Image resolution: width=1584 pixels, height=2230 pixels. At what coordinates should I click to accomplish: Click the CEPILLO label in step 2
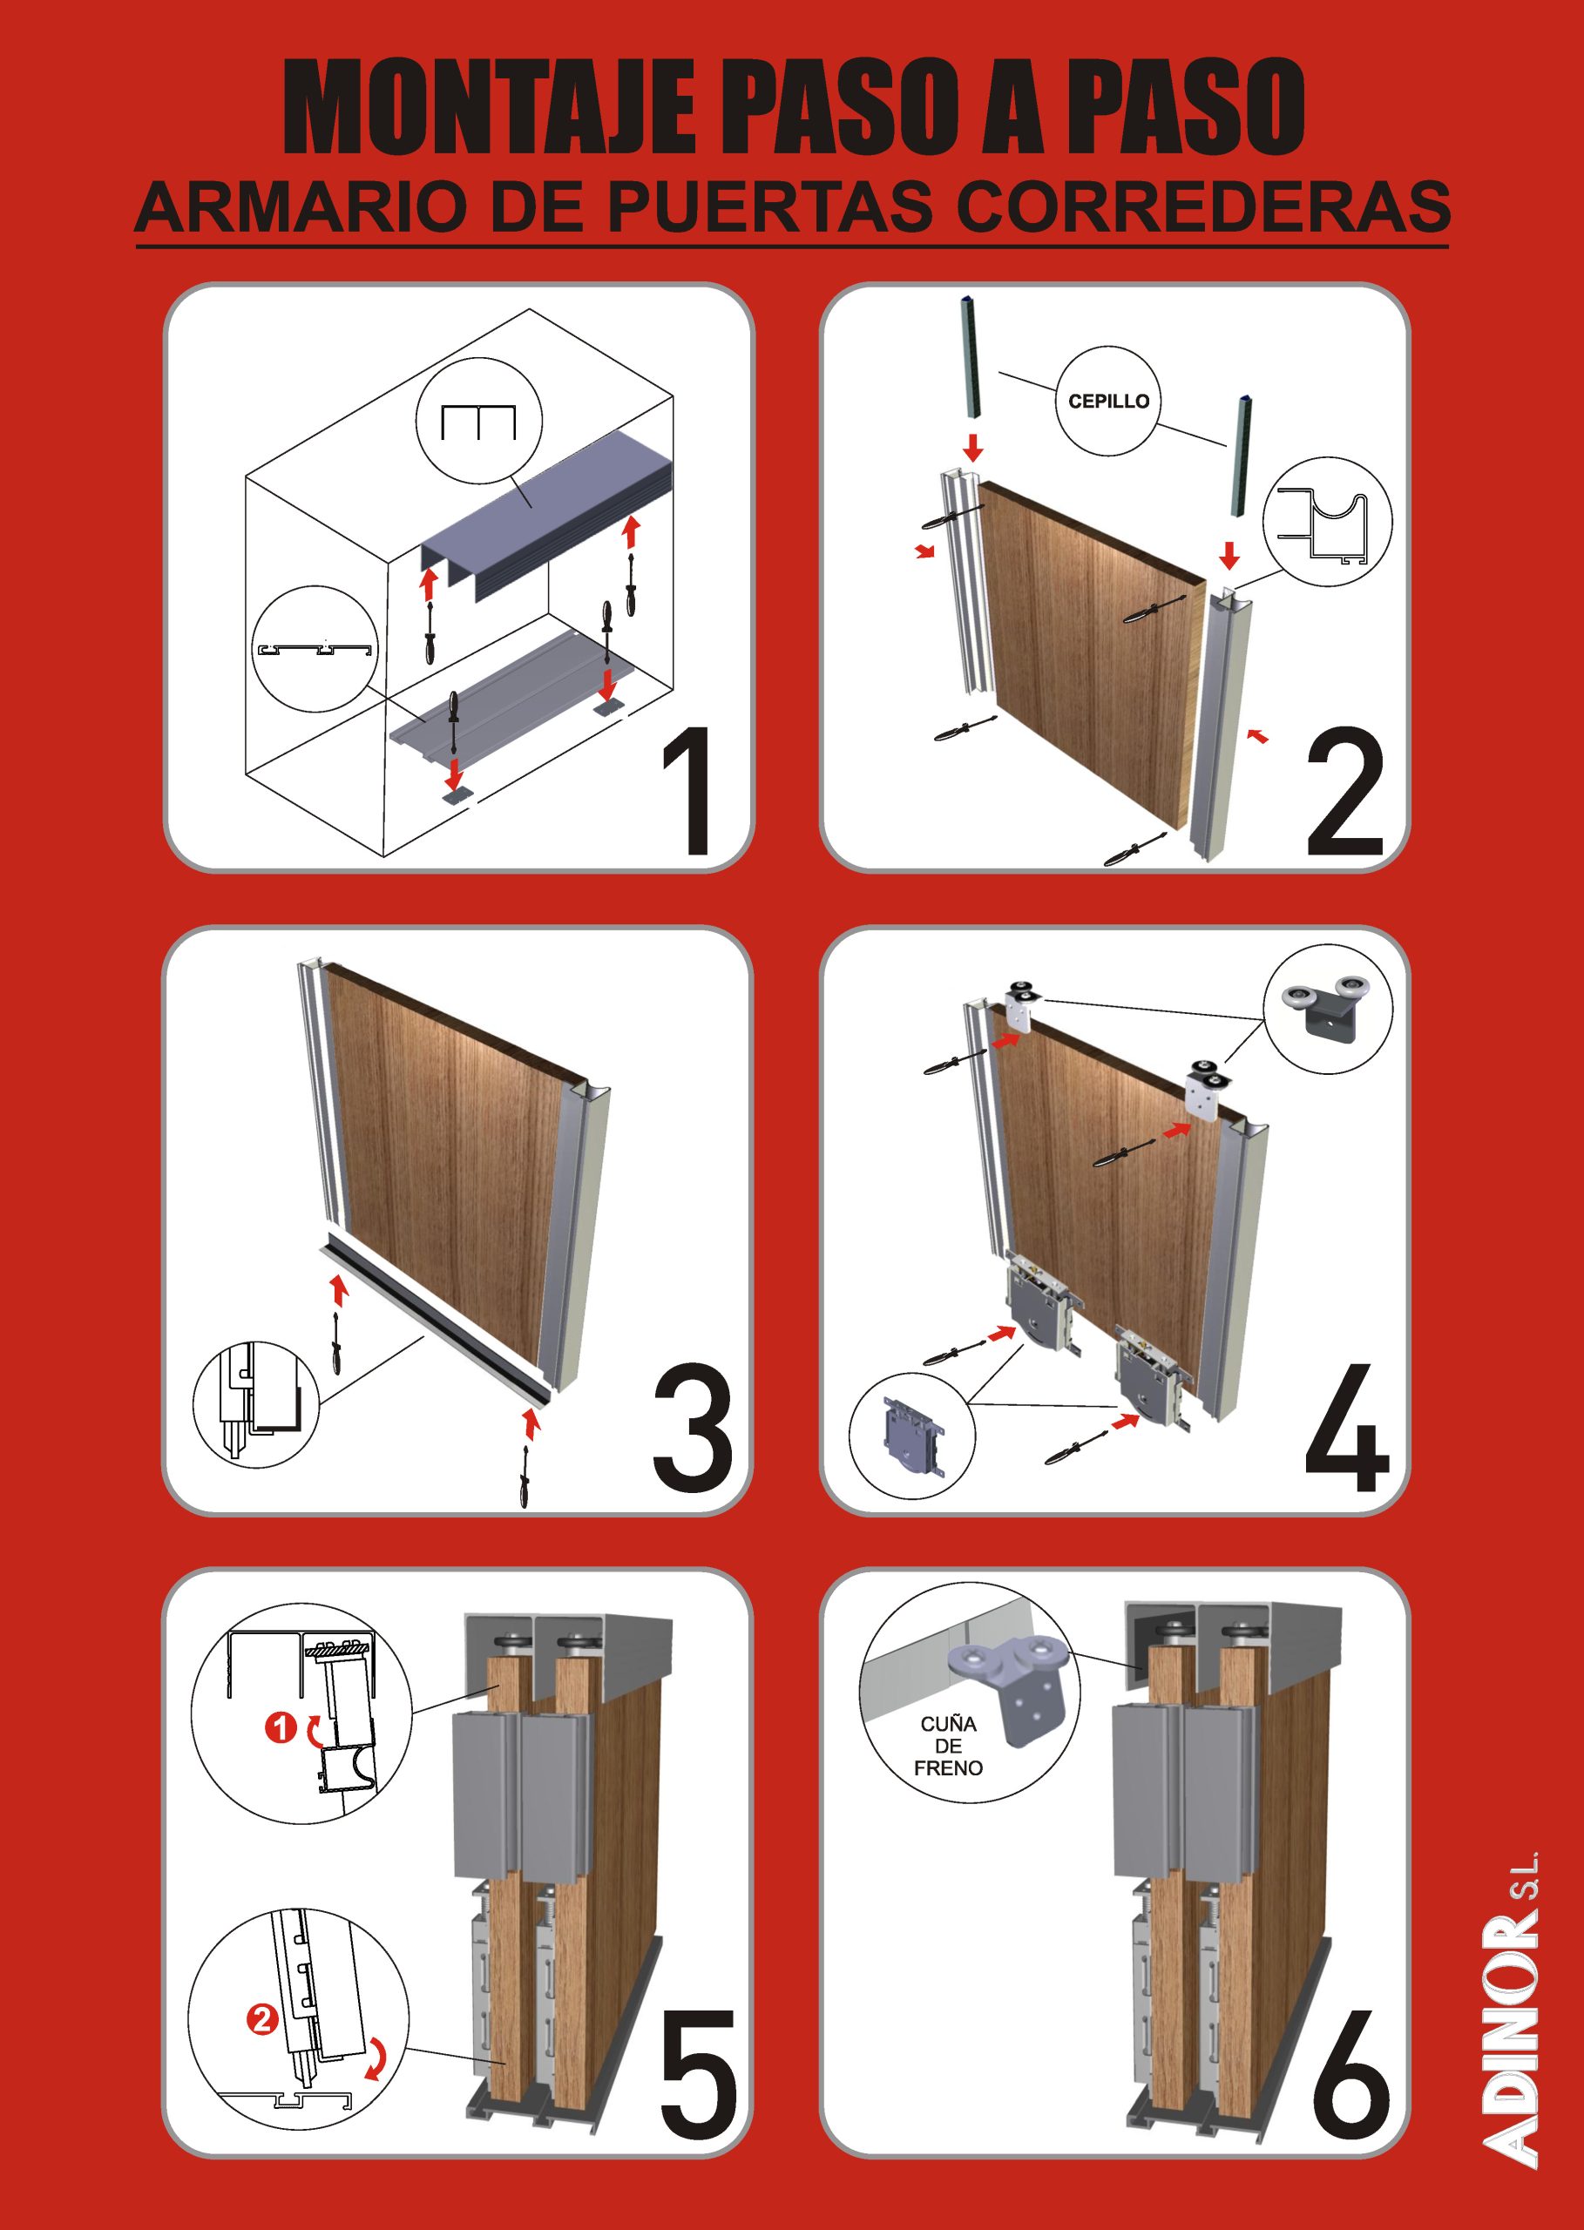[x=1109, y=401]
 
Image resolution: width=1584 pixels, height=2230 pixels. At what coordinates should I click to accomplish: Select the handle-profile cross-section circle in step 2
[x=1328, y=521]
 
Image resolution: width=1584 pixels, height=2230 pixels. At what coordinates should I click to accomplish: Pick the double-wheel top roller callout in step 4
[x=1329, y=1010]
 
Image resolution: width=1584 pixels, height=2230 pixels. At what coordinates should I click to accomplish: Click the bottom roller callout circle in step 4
[x=913, y=1437]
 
